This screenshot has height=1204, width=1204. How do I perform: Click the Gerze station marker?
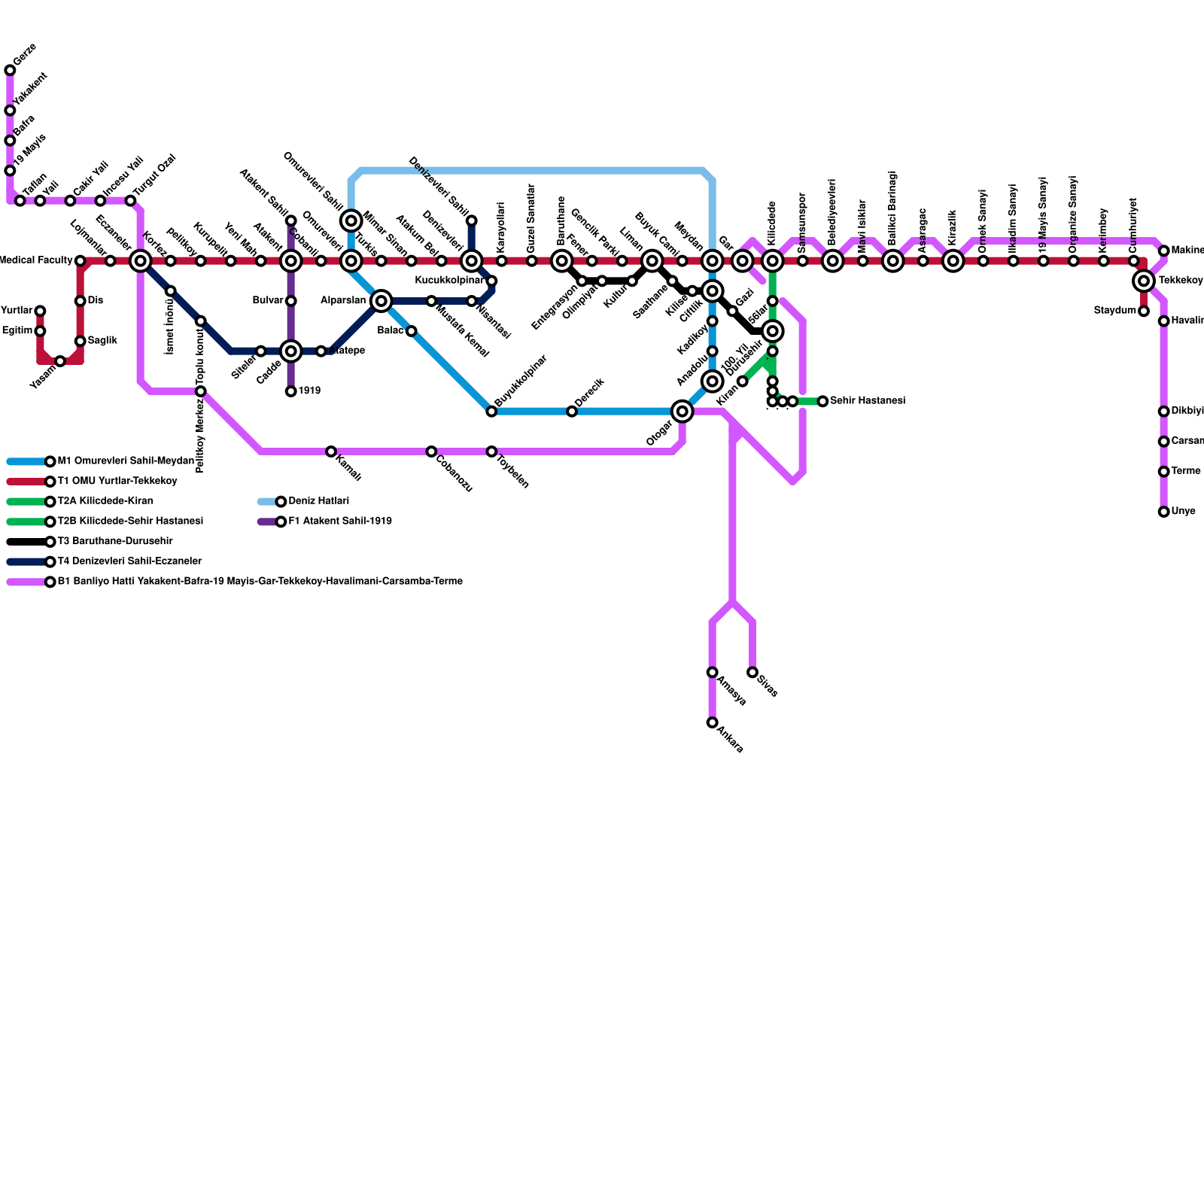(x=10, y=71)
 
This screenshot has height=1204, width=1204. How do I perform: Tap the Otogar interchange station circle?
(x=682, y=411)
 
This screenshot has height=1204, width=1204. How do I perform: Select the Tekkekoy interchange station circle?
(x=1144, y=281)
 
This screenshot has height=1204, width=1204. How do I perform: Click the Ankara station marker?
(x=712, y=722)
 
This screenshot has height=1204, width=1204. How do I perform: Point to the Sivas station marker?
(x=752, y=672)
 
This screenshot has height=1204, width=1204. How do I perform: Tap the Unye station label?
(x=1183, y=512)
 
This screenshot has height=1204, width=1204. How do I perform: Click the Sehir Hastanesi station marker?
(x=822, y=401)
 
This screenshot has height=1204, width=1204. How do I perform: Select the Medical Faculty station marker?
(x=80, y=260)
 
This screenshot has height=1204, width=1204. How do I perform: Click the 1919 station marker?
(x=290, y=391)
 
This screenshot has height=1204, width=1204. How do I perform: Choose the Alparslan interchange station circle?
(x=382, y=301)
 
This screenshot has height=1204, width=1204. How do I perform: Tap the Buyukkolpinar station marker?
(x=491, y=411)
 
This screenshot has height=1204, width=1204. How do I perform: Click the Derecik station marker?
(x=572, y=411)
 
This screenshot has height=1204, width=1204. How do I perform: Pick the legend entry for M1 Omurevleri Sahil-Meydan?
(x=126, y=461)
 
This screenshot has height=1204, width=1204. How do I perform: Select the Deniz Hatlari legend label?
(x=318, y=501)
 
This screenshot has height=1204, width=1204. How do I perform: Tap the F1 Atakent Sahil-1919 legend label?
(x=340, y=521)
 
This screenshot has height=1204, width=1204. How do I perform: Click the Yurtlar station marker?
(x=40, y=311)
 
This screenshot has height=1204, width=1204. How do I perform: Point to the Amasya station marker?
(x=712, y=672)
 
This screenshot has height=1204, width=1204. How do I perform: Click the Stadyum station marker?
(x=1144, y=311)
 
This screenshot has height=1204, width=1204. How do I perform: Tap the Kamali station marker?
(x=331, y=451)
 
